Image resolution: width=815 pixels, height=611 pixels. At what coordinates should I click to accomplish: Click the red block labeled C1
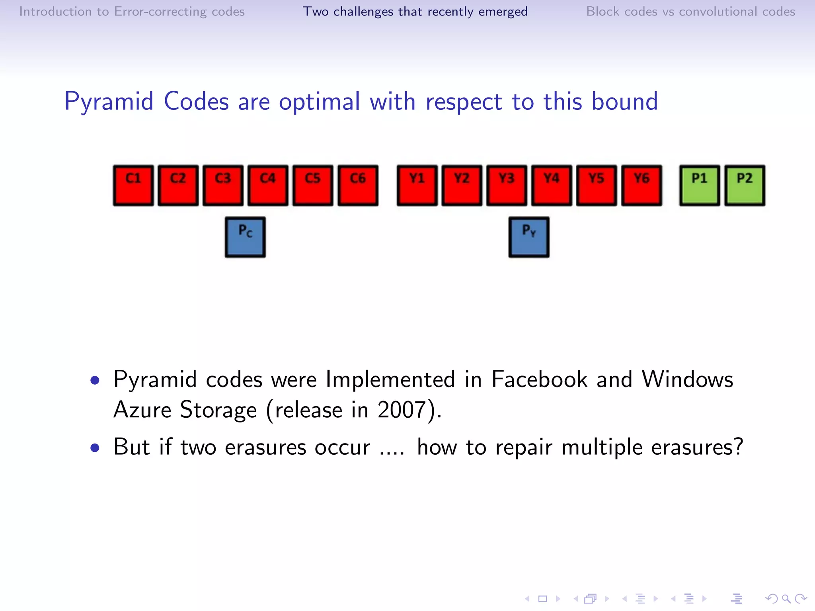click(133, 185)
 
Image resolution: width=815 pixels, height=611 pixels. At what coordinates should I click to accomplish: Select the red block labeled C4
click(268, 185)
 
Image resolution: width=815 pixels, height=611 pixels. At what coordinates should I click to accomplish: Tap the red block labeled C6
click(358, 185)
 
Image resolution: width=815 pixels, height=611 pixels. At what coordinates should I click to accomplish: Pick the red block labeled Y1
click(417, 185)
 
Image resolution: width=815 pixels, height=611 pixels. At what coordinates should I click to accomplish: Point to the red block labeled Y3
click(507, 185)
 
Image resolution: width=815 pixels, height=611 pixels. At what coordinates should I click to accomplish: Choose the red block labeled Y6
click(641, 185)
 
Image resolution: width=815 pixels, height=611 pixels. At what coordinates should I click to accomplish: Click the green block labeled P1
click(700, 185)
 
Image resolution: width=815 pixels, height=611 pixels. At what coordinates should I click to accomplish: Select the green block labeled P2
click(745, 185)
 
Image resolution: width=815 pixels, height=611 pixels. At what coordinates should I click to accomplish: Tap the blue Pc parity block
click(245, 237)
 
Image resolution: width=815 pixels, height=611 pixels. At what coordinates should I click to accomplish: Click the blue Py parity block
click(529, 237)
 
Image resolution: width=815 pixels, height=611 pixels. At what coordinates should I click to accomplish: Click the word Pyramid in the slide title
click(109, 101)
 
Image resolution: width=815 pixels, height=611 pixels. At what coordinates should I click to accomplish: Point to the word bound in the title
click(624, 101)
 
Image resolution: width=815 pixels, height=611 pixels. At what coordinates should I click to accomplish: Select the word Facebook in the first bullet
click(539, 379)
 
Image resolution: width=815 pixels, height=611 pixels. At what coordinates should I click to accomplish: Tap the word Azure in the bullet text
click(142, 410)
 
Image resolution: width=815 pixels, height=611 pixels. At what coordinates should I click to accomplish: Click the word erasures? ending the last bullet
click(697, 447)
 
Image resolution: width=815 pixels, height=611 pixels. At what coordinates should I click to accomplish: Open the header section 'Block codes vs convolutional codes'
click(690, 12)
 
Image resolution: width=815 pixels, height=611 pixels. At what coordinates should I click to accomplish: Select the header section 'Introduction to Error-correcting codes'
click(132, 12)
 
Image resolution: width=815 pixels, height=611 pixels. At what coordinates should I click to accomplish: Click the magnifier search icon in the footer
click(786, 599)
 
